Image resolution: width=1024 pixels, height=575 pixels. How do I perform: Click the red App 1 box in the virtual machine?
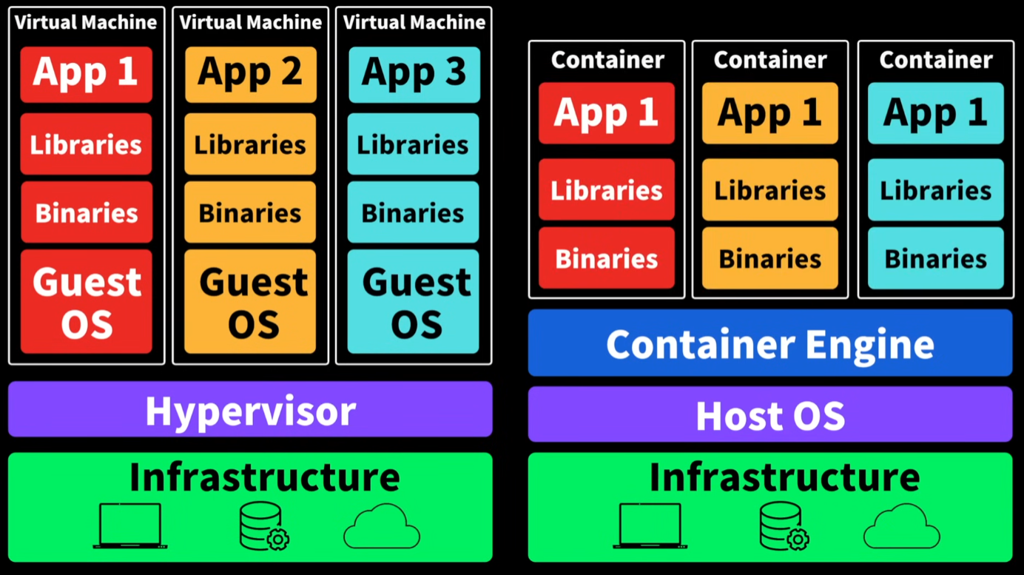pyautogui.click(x=86, y=74)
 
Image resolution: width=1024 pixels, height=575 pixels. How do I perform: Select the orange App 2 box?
pyautogui.click(x=250, y=74)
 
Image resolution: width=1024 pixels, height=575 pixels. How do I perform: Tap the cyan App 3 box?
pyautogui.click(x=414, y=74)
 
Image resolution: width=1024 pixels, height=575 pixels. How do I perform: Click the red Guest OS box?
pyautogui.click(x=86, y=302)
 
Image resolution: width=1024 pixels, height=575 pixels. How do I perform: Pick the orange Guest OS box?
pyautogui.click(x=250, y=302)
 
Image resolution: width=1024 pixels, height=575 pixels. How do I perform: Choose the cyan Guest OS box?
pyautogui.click(x=414, y=302)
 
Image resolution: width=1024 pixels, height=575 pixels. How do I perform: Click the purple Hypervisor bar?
pyautogui.click(x=250, y=409)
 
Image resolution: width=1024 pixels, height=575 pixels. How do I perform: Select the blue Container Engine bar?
pyautogui.click(x=769, y=343)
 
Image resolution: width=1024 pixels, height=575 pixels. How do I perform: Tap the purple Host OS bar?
pyautogui.click(x=769, y=414)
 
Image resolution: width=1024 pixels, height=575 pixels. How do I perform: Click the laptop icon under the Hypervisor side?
pyautogui.click(x=130, y=525)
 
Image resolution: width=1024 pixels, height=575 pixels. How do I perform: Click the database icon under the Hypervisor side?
pyautogui.click(x=263, y=525)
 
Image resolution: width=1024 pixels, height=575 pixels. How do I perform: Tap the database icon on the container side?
pyautogui.click(x=784, y=525)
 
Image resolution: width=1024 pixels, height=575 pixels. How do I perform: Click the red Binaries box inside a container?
pyautogui.click(x=607, y=258)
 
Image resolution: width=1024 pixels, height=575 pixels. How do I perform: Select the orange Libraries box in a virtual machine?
pyautogui.click(x=250, y=144)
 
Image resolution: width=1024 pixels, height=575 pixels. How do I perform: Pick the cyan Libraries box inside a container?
pyautogui.click(x=935, y=190)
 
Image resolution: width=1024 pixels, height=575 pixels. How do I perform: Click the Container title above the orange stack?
pyautogui.click(x=769, y=60)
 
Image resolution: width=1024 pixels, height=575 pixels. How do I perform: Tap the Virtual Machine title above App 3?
pyautogui.click(x=414, y=22)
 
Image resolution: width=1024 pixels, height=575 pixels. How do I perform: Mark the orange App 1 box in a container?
pyautogui.click(x=769, y=113)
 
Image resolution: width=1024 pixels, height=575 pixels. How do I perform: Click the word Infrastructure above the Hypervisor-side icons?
pyautogui.click(x=264, y=477)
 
